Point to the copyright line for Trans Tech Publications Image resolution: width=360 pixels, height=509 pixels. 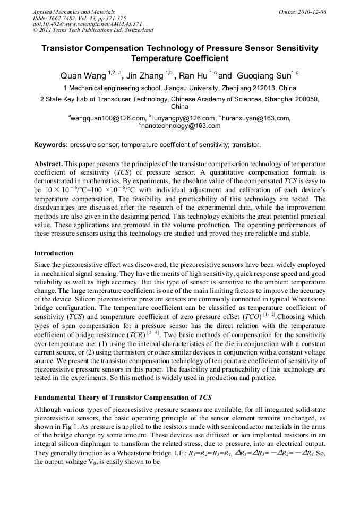tap(93, 30)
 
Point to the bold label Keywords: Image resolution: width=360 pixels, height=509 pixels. tap(51, 144)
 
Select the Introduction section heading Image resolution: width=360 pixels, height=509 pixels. tap(54, 253)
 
